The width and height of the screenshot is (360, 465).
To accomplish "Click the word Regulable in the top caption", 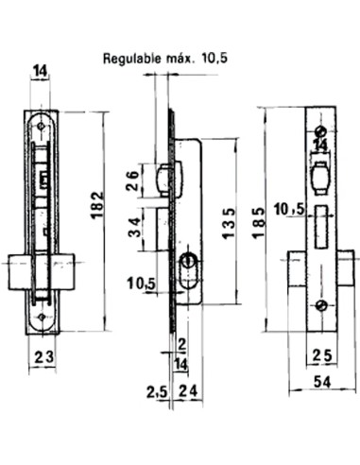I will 133,59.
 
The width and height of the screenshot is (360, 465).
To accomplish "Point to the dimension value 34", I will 132,229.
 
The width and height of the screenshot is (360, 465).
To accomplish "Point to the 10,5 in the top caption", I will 215,59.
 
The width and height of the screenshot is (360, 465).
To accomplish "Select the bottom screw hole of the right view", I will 322,304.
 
